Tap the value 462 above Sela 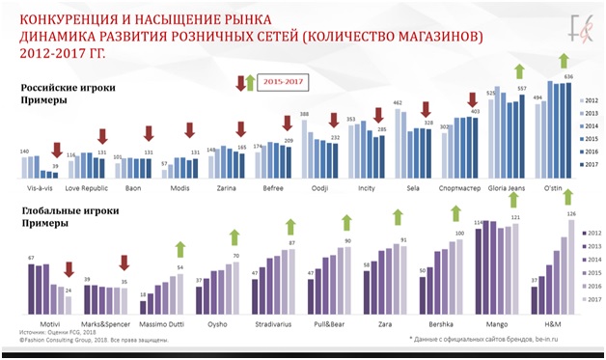point(397,101)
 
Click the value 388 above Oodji point(304,114)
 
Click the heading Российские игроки point(61,88)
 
